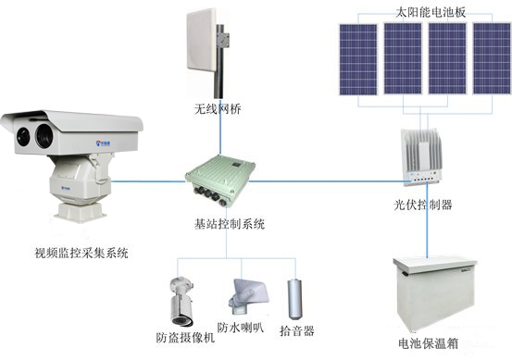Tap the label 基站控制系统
click(x=223, y=225)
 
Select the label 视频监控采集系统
click(x=82, y=252)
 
